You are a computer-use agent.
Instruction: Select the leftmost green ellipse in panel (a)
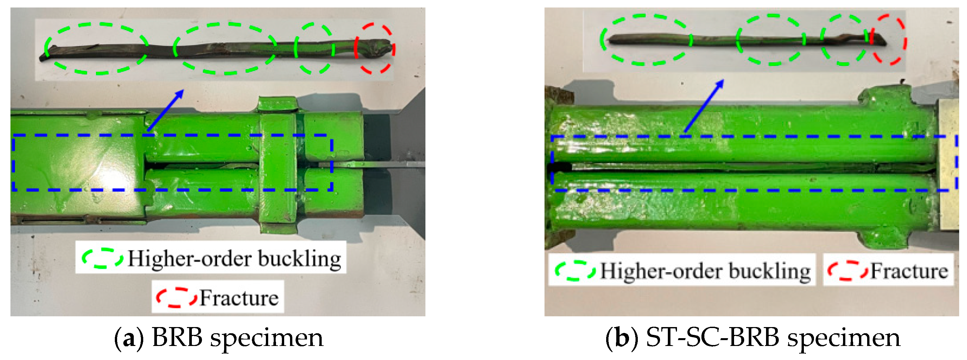click(x=46, y=48)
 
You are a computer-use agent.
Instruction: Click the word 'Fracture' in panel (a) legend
click(x=239, y=298)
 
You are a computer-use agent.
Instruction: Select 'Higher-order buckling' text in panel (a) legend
click(x=234, y=258)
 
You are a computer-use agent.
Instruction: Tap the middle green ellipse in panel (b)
click(x=738, y=39)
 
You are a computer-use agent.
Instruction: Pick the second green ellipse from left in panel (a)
click(x=175, y=48)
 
